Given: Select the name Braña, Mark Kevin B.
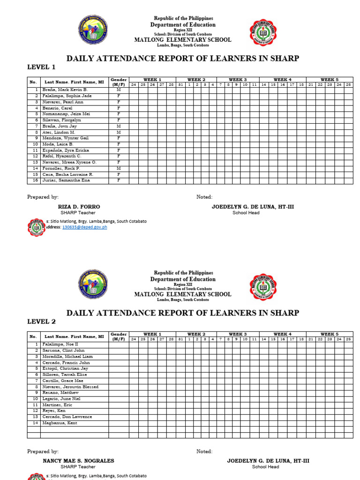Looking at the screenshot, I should (65, 90).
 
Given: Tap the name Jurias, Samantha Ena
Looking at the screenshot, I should (66, 180).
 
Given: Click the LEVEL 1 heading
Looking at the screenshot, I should (41, 67).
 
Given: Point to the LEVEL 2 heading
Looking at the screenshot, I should (41, 322).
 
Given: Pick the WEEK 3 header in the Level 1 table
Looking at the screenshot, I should (238, 80).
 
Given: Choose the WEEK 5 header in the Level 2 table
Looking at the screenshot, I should (330, 334).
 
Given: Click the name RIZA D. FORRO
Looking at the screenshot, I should (79, 207).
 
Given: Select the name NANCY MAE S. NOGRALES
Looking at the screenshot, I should (78, 461).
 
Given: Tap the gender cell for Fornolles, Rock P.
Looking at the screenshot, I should (119, 168).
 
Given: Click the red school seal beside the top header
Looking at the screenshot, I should (263, 33).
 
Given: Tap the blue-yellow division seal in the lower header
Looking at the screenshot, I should (93, 284).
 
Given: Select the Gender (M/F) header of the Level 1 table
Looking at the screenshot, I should (119, 82).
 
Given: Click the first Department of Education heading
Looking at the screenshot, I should (183, 24).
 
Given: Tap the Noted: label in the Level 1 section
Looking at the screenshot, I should (204, 197).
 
